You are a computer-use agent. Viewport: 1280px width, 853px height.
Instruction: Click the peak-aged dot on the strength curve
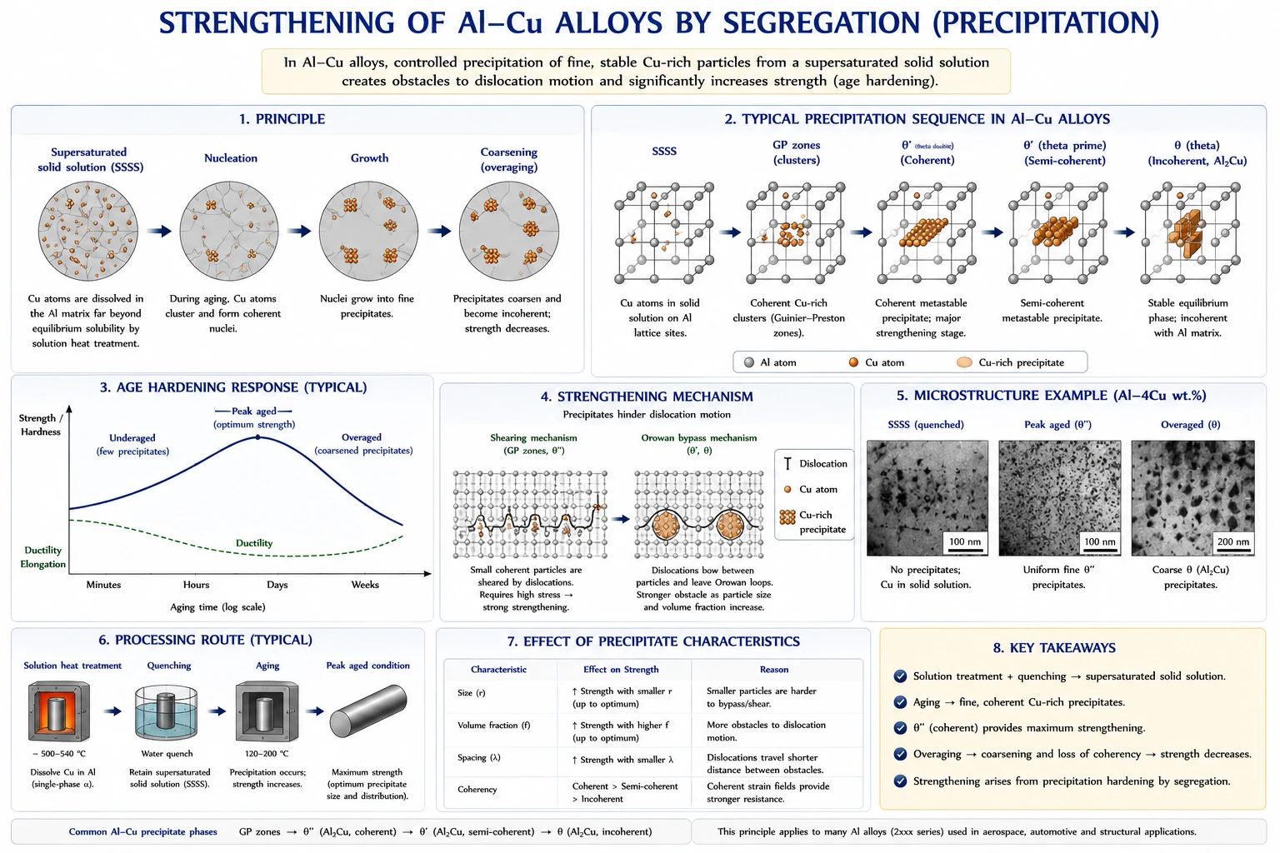[257, 437]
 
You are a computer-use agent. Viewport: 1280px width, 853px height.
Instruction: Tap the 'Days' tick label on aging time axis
[277, 585]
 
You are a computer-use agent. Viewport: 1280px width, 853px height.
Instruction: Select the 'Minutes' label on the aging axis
[103, 585]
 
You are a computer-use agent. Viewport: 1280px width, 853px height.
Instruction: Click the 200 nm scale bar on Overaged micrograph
[1233, 550]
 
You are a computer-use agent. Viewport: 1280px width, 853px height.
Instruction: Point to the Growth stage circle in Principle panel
[368, 231]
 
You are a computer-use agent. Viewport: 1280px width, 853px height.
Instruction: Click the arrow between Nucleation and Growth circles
[299, 231]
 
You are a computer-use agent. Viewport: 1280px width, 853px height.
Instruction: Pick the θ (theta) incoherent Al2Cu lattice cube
[1190, 232]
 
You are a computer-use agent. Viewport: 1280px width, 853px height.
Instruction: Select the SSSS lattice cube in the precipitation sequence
[664, 232]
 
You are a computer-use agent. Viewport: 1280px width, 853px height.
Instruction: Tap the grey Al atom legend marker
[748, 362]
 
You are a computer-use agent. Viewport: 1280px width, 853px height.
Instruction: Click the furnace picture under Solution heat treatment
[59, 711]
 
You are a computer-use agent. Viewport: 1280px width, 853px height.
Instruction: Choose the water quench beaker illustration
[167, 712]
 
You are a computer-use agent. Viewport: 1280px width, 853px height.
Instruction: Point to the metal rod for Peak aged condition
[368, 711]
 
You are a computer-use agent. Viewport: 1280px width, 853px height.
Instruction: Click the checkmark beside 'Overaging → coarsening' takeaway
[900, 754]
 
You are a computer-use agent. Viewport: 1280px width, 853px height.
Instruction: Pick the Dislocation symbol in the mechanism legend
[788, 463]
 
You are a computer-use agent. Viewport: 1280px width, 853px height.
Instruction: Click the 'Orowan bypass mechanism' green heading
[699, 437]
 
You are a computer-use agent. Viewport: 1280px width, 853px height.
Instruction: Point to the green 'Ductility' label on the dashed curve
[254, 543]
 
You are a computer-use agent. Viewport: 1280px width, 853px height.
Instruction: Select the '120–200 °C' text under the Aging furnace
[267, 754]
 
